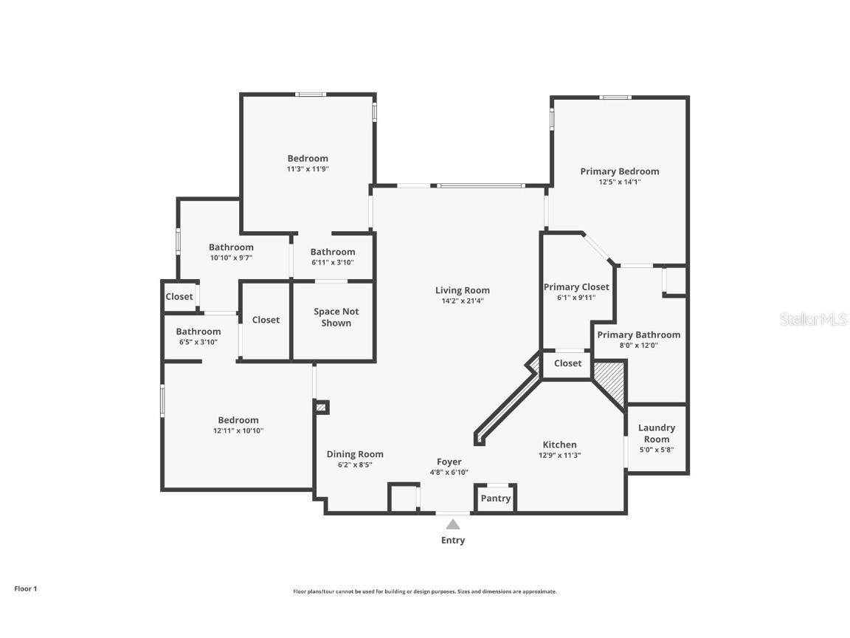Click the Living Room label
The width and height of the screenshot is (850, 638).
point(462,290)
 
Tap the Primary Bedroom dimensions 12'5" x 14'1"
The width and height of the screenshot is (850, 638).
point(619,182)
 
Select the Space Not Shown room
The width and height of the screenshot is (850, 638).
point(336,318)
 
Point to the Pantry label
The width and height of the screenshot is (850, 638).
point(495,498)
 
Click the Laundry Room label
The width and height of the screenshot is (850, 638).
point(656,433)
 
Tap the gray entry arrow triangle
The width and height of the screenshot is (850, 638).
point(453,524)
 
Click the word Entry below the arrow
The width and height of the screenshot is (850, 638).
point(453,541)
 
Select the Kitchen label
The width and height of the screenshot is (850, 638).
point(559,445)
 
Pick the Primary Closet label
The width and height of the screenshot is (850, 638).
point(576,287)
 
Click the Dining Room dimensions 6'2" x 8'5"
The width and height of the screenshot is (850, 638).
point(355,465)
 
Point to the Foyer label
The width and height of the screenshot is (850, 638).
point(449,462)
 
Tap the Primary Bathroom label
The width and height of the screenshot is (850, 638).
point(638,335)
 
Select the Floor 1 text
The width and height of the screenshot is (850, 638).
point(25,589)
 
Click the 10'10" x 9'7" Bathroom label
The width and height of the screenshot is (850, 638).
point(231,247)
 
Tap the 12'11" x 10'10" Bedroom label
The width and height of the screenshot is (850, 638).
point(238,420)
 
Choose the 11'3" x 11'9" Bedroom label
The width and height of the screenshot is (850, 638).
point(308,158)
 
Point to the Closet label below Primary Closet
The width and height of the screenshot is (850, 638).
point(567,363)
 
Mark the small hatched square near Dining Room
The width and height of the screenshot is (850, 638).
point(320,406)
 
